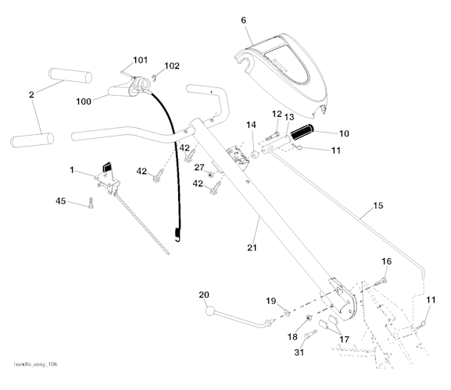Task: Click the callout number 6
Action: point(243,19)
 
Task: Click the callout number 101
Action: point(140,60)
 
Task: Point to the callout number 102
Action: point(171,66)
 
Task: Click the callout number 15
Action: point(378,206)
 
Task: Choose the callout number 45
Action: point(62,201)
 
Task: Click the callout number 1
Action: point(72,170)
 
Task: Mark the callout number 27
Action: point(199,166)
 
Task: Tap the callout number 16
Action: point(386,261)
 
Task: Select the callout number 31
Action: point(299,351)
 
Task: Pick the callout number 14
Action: point(251,125)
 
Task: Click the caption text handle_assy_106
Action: point(35,365)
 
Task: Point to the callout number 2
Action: point(31,95)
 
